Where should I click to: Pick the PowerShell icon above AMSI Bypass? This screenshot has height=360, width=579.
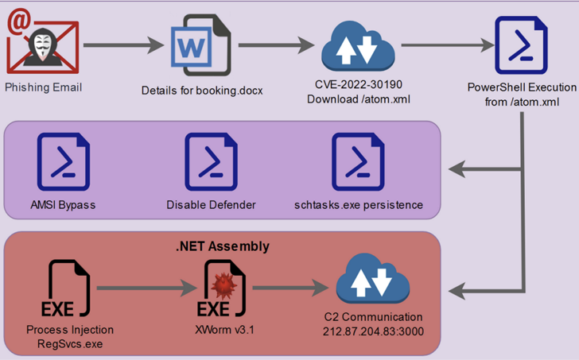coord(63,162)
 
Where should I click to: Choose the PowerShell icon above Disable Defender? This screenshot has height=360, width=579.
coord(211,162)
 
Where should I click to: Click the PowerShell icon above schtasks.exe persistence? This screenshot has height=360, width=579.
coord(358,162)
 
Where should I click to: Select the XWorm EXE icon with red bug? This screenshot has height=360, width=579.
coord(219,289)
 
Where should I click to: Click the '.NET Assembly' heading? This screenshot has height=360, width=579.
coord(222,246)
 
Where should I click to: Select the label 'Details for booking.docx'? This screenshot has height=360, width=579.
coord(201,90)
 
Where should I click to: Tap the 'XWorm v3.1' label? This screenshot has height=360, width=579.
coord(219,330)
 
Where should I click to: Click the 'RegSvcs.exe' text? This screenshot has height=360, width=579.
coord(70,343)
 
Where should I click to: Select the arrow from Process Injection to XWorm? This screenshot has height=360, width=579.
coord(143,289)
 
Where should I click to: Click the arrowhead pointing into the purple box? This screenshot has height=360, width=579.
coord(456,168)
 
